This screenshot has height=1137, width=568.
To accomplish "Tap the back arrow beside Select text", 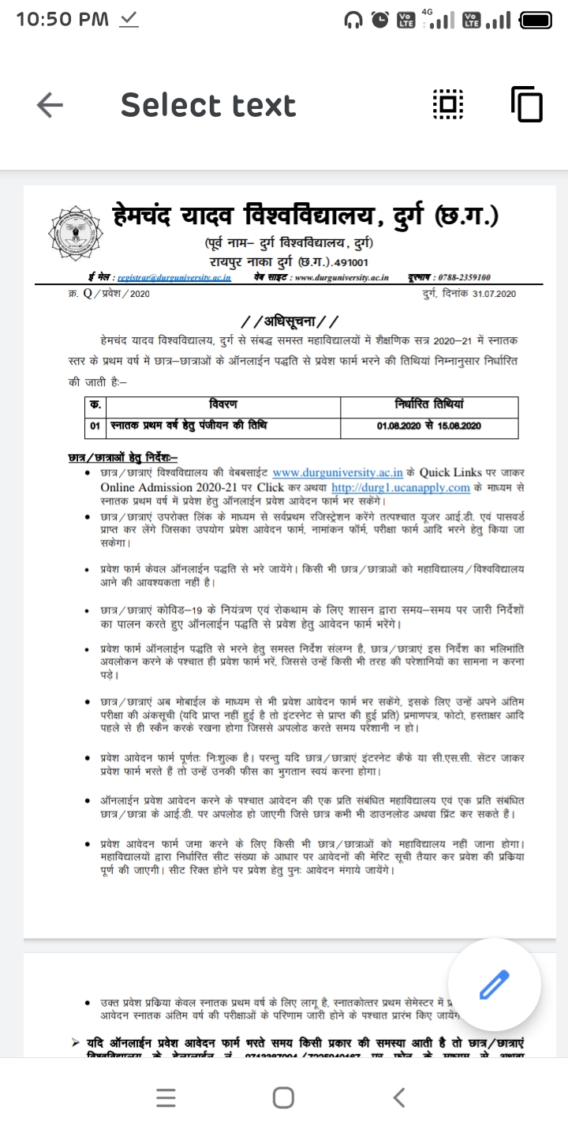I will click(50, 105).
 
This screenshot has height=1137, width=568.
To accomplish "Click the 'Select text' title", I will click(208, 105).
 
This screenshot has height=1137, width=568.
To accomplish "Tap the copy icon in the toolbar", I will click(527, 104).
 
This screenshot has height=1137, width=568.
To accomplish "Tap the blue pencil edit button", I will click(494, 985).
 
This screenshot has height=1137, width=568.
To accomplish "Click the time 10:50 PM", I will click(62, 20).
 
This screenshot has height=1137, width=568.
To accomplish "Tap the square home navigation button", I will click(284, 1097).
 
